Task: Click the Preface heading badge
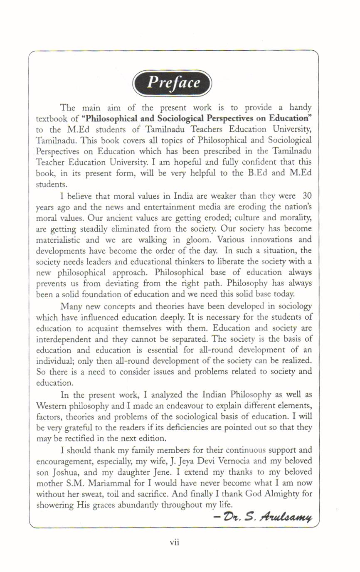172,83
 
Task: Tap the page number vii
175,542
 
